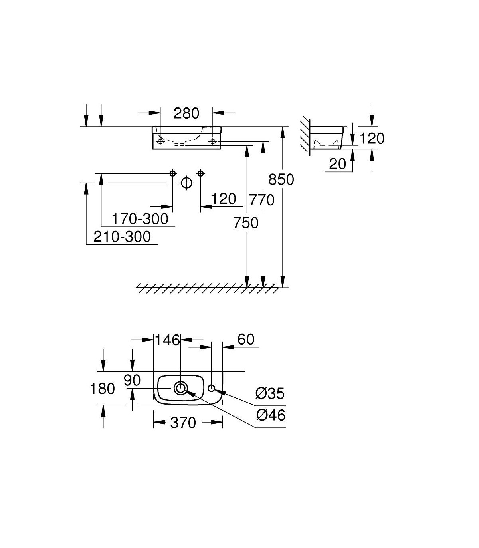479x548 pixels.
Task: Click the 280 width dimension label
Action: coord(186,113)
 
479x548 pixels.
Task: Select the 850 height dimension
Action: coord(281,179)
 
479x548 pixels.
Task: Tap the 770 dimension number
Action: coord(262,200)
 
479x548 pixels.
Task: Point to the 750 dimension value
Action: coord(245,223)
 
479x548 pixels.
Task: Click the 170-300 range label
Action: coord(140,219)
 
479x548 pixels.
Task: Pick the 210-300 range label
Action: coord(122,237)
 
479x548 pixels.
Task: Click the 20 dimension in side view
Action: coord(337,164)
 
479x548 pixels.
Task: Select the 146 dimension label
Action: coord(168,340)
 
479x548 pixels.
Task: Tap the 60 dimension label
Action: coord(246,340)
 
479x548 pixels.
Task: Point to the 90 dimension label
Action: coord(132,380)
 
